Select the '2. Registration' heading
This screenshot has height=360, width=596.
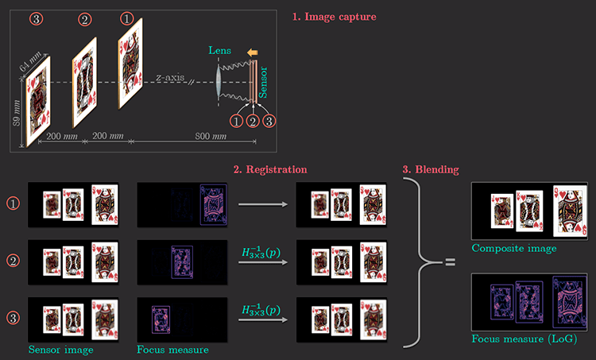(x=269, y=169)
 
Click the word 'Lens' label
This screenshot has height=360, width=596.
(x=219, y=50)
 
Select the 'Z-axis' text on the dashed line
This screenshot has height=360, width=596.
(x=170, y=78)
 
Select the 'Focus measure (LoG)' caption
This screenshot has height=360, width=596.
(x=523, y=339)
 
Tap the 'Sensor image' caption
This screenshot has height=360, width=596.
(x=60, y=348)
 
